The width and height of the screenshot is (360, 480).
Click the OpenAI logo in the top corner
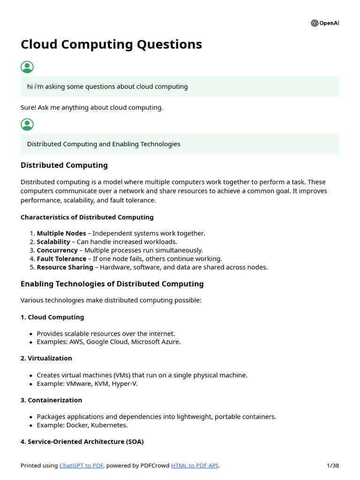click(324, 23)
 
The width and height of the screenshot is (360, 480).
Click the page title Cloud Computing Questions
click(111, 44)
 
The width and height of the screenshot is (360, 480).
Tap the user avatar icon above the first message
click(27, 67)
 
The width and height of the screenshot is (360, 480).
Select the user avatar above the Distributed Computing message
click(27, 125)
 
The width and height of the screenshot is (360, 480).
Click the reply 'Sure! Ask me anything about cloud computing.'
click(92, 107)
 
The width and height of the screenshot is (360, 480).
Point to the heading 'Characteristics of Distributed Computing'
click(87, 217)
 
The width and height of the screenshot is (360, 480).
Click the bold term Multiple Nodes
click(61, 233)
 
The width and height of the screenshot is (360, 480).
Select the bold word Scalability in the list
click(53, 241)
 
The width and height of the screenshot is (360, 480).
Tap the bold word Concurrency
click(57, 250)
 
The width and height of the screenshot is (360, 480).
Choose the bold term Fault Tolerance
click(61, 258)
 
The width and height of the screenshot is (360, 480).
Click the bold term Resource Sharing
click(65, 267)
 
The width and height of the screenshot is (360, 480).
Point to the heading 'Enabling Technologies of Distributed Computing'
click(112, 284)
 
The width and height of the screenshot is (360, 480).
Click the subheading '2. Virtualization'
click(46, 358)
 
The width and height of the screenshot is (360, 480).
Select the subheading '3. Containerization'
click(51, 400)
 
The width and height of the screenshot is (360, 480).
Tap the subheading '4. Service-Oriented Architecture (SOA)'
click(82, 442)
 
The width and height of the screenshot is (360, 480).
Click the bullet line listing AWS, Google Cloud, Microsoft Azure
click(108, 342)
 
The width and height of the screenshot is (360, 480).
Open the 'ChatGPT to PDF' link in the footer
click(82, 465)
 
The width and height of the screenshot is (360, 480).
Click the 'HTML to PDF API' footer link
click(195, 465)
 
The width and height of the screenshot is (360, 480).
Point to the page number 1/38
click(332, 465)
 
